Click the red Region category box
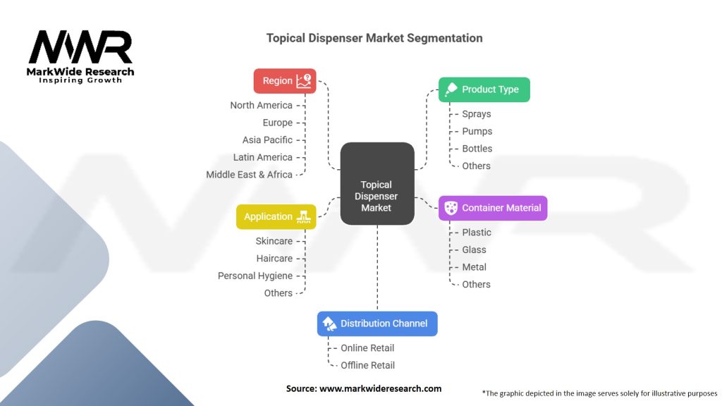(285, 81)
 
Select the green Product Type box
(484, 90)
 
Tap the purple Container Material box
(493, 208)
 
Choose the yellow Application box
(276, 217)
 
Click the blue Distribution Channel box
(377, 324)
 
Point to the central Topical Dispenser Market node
(377, 184)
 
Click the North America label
(261, 106)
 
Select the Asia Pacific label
(267, 140)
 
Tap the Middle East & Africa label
(249, 175)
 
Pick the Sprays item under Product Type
(477, 114)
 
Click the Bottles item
(477, 149)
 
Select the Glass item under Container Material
(474, 250)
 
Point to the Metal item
(474, 267)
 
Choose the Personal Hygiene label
(255, 276)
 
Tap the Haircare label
(274, 259)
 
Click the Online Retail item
(367, 348)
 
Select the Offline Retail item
(367, 366)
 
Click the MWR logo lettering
(80, 47)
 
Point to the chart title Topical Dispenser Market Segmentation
(374, 38)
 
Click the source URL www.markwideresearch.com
(380, 388)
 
